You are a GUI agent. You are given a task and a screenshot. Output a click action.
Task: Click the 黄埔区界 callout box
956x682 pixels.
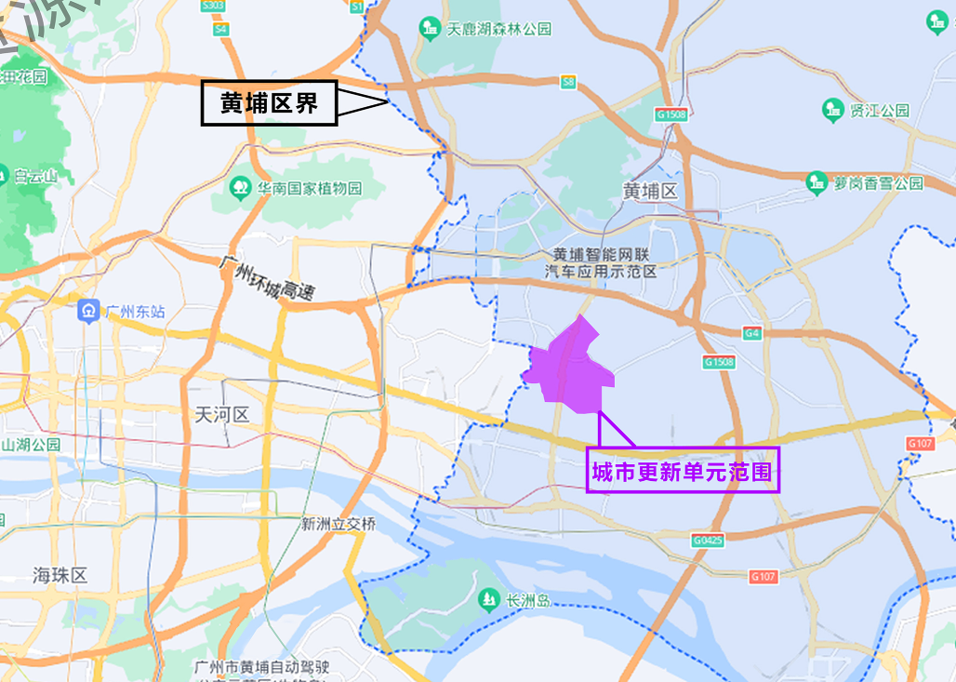pyautogui.click(x=269, y=103)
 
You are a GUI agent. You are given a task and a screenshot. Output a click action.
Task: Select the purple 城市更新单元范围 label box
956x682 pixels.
pyautogui.click(x=683, y=473)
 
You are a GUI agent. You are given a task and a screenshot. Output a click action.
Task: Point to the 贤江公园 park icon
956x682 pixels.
pyautogui.click(x=832, y=110)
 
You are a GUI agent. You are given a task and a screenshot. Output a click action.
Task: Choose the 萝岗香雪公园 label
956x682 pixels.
pyautogui.click(x=879, y=182)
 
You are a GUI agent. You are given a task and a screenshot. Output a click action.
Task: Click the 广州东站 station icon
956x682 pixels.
pyautogui.click(x=89, y=310)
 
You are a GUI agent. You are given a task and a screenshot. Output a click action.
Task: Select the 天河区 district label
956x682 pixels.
pyautogui.click(x=223, y=414)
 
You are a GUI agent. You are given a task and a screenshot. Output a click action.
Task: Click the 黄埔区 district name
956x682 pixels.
pyautogui.click(x=651, y=191)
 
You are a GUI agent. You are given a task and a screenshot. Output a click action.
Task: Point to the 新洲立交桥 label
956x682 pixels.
pyautogui.click(x=339, y=524)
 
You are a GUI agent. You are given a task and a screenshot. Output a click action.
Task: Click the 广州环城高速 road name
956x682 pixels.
pyautogui.click(x=267, y=277)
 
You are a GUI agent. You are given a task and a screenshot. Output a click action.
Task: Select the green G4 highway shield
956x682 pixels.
pyautogui.click(x=752, y=332)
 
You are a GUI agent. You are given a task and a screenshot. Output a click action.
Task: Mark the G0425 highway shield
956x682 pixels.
pyautogui.click(x=708, y=540)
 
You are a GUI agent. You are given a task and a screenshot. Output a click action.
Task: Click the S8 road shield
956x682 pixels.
pyautogui.click(x=568, y=84)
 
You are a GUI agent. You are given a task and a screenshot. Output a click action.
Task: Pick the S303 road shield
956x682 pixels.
pyautogui.click(x=213, y=6)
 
